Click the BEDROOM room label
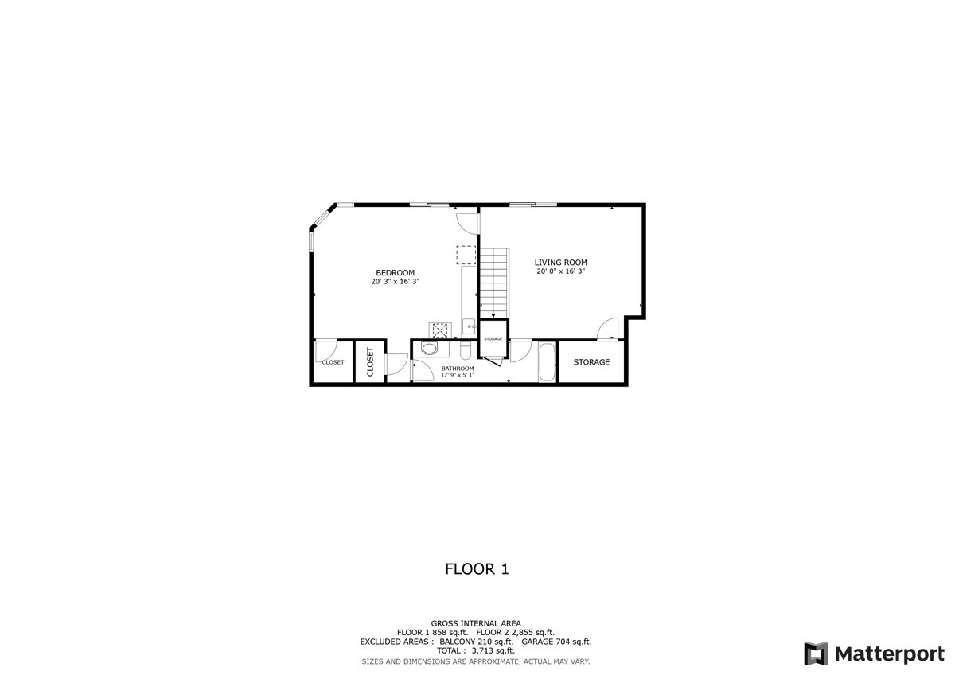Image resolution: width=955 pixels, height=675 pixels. pos(395,273)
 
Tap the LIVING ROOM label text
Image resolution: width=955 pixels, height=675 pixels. pos(560,263)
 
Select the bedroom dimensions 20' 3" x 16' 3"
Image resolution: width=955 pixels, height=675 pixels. pos(396,282)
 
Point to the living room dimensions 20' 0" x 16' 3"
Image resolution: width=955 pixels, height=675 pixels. pos(560,271)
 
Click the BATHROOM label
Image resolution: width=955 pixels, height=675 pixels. pos(458,369)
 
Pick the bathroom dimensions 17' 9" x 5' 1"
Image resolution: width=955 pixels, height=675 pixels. pos(458,375)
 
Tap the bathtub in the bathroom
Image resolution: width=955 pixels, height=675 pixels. pos(548,362)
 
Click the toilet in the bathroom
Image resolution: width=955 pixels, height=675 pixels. pos(465,349)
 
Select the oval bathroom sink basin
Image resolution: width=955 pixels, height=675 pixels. pos(429,349)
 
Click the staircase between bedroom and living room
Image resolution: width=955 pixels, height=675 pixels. pos(494,282)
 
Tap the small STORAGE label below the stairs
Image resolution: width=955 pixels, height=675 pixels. pos(493,339)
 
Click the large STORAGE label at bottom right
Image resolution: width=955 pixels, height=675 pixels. pos(591,362)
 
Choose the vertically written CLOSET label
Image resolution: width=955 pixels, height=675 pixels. pos(370,362)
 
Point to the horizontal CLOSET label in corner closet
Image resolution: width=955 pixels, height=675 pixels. pos(333,362)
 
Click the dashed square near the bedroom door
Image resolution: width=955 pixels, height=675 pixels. pos(466,255)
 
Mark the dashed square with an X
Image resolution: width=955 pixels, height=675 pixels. pos(440,330)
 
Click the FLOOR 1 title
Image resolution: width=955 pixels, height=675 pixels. pos(477,569)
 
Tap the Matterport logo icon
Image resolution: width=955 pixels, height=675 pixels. pos(816,654)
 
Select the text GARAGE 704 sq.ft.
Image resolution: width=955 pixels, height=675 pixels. pos(556,642)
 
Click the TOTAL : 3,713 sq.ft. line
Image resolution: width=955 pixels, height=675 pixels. pos(476,650)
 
